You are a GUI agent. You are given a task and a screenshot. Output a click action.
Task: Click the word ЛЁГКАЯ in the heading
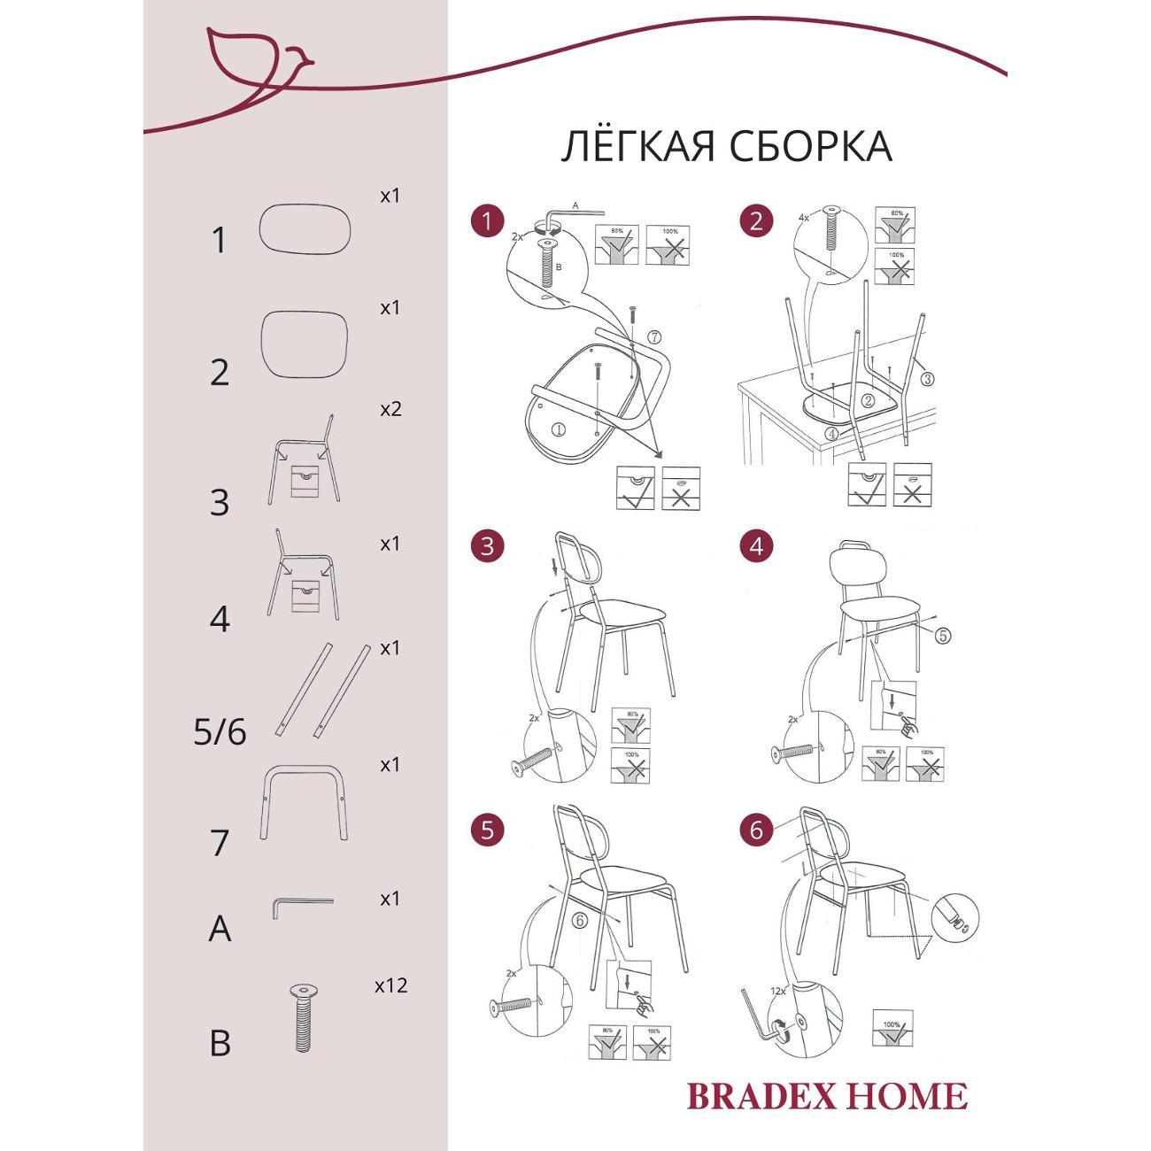(x=637, y=146)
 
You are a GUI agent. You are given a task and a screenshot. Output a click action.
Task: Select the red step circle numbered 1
(x=487, y=220)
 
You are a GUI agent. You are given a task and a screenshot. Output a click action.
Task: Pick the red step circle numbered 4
(x=755, y=546)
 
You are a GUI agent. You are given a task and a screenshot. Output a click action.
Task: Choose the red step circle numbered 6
(x=755, y=830)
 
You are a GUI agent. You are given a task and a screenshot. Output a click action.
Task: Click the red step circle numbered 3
(x=487, y=546)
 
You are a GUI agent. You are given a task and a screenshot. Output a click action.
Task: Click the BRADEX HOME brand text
(x=827, y=1096)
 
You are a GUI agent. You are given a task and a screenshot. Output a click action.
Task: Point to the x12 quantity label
(x=390, y=985)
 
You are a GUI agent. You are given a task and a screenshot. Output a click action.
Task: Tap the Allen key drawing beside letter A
(x=301, y=904)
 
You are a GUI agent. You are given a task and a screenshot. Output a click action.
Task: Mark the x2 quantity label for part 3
(x=390, y=409)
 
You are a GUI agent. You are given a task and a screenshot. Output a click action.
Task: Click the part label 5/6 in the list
(x=220, y=732)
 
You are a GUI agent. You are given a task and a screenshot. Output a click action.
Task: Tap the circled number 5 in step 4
(x=942, y=635)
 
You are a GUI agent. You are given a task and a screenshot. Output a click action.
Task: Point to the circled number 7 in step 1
(x=653, y=337)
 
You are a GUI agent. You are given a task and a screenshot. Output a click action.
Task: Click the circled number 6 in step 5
(x=580, y=921)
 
